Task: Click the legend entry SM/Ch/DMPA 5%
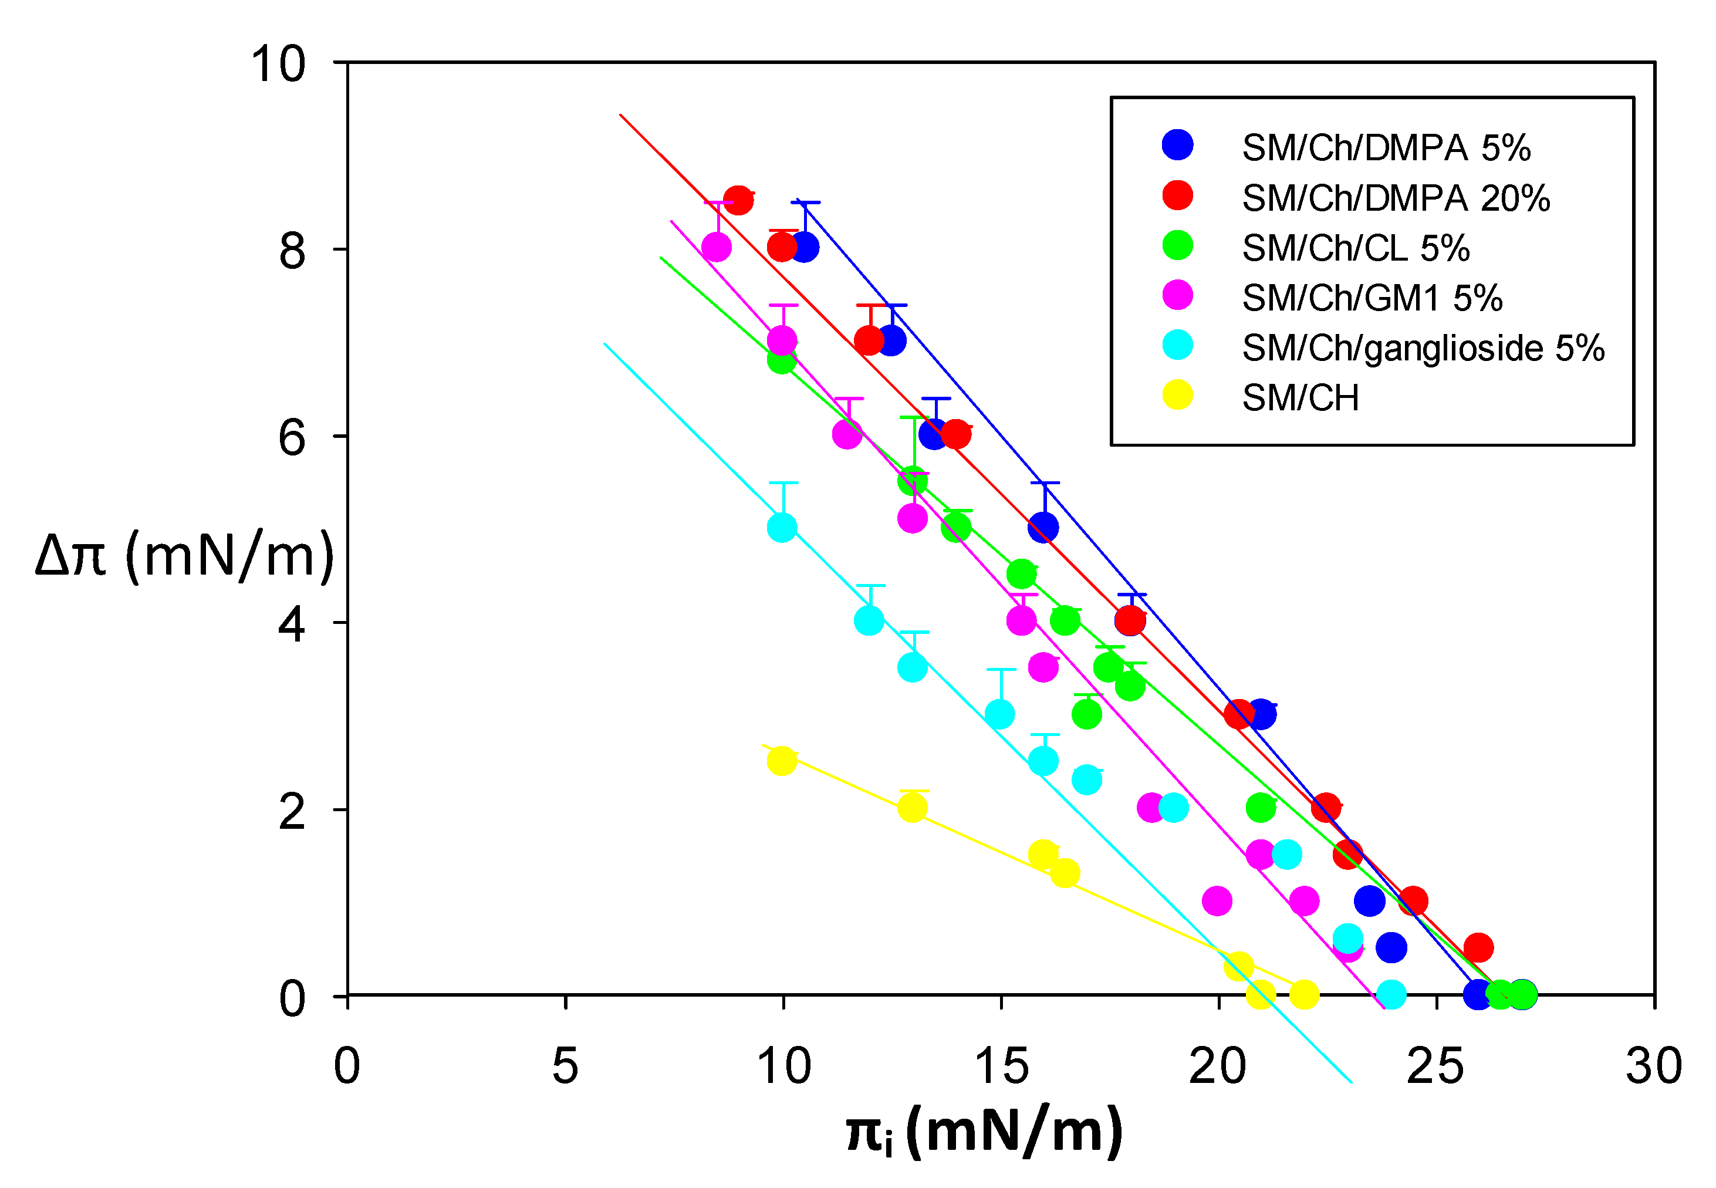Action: (1386, 148)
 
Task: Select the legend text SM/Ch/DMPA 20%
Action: (1395, 198)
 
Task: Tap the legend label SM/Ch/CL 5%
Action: (1355, 248)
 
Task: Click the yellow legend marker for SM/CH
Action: (1177, 395)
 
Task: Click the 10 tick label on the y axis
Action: (278, 64)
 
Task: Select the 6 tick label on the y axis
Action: (292, 438)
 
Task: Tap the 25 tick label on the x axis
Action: (1435, 1066)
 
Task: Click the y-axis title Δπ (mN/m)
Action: (184, 555)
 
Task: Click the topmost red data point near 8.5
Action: (738, 200)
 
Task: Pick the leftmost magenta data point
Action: (716, 247)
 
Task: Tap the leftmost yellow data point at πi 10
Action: (781, 761)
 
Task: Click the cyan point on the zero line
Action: (1391, 994)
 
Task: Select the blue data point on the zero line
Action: (1478, 994)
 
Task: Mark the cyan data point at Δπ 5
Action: (781, 528)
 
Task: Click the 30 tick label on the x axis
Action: (1653, 1066)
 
